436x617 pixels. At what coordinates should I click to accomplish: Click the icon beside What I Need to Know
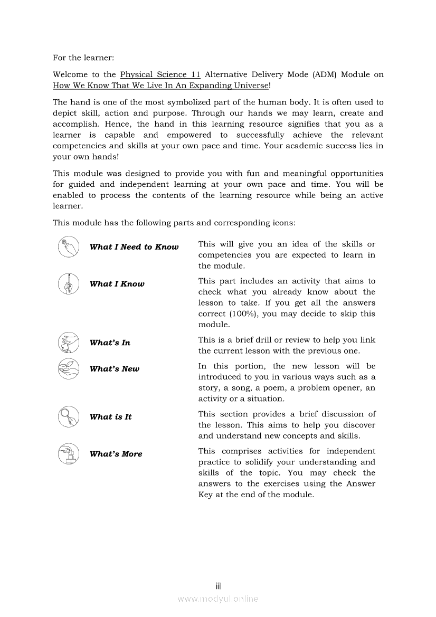click(x=68, y=247)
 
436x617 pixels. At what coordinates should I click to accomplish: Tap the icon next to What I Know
click(x=68, y=284)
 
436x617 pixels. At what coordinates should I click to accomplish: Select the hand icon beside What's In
click(x=68, y=343)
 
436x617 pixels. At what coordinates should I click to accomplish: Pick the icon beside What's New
click(x=68, y=369)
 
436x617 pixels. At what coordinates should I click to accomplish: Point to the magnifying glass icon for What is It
click(x=68, y=416)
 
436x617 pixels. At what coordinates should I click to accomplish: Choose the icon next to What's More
click(x=68, y=454)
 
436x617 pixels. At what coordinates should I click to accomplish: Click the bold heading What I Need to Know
click(x=134, y=247)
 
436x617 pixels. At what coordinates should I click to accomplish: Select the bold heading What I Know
click(x=117, y=284)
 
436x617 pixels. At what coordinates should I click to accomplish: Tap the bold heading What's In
click(x=110, y=343)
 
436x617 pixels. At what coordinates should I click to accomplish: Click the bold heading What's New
click(x=115, y=369)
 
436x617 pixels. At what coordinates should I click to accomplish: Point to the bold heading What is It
click(x=110, y=417)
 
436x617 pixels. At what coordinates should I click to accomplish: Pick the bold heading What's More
click(x=116, y=454)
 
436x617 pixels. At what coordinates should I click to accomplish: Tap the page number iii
click(x=218, y=586)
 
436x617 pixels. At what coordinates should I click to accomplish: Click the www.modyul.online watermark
click(x=218, y=599)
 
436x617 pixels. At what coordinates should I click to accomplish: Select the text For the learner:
click(x=83, y=58)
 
